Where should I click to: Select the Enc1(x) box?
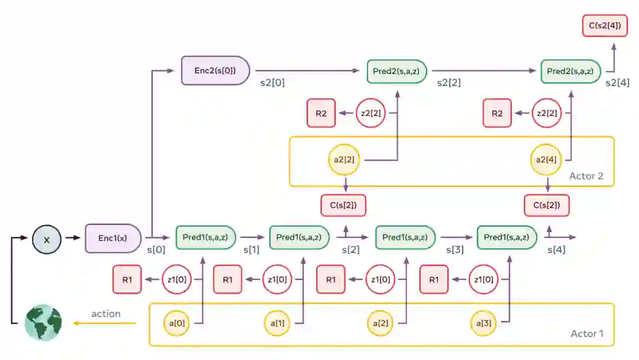pyautogui.click(x=113, y=238)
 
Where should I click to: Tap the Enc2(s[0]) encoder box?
pyautogui.click(x=215, y=70)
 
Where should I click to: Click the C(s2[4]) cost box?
pyautogui.click(x=604, y=26)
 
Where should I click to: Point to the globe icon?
pyautogui.click(x=43, y=323)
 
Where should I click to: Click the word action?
pyautogui.click(x=106, y=314)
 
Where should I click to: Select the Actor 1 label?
pyautogui.click(x=586, y=334)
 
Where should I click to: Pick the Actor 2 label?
pyautogui.click(x=586, y=176)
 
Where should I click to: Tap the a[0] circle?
pyautogui.click(x=177, y=323)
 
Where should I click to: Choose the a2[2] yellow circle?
pyautogui.click(x=344, y=160)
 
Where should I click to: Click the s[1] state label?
pyautogui.click(x=252, y=250)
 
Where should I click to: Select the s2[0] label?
pyautogui.click(x=272, y=83)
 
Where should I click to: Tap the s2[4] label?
pyautogui.click(x=617, y=83)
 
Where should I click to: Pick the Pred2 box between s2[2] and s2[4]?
pyautogui.click(x=571, y=71)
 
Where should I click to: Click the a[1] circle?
pyautogui.click(x=278, y=323)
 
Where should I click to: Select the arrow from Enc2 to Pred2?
pyautogui.click(x=307, y=71)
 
